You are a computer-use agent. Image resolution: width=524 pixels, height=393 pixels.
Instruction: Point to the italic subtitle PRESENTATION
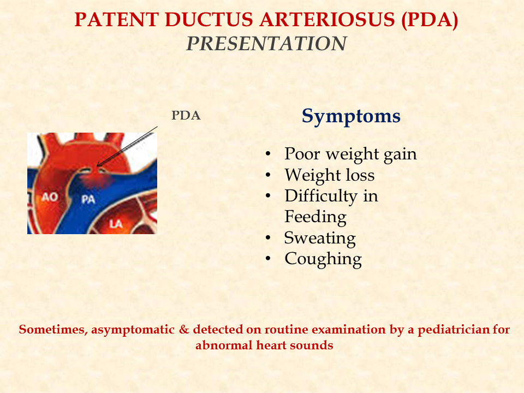(266, 44)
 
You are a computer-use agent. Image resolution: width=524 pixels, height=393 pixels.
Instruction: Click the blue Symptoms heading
(351, 116)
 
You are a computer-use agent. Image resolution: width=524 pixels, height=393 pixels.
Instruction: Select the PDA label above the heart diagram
(186, 116)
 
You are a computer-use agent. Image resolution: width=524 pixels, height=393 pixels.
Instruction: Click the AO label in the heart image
(50, 196)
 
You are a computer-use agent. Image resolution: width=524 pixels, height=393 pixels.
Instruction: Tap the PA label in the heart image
(88, 200)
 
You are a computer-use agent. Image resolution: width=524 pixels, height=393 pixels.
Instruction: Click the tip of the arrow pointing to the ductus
(97, 165)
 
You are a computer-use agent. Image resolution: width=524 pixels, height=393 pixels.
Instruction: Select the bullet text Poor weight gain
(350, 154)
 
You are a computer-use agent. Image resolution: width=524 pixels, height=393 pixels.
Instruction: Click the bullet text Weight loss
(329, 175)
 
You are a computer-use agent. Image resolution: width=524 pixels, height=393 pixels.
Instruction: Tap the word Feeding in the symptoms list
(315, 217)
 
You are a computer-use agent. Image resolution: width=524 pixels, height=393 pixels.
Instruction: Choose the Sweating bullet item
(319, 238)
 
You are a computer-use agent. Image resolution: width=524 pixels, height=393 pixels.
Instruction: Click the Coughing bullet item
(323, 259)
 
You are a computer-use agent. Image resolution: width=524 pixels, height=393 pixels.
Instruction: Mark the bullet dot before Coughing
(267, 259)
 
